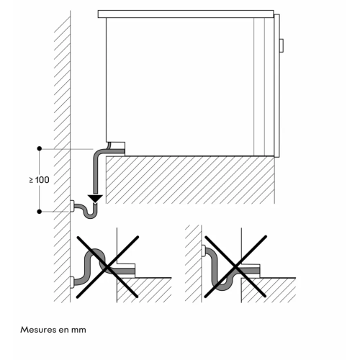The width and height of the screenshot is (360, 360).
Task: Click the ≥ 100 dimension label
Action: point(39,180)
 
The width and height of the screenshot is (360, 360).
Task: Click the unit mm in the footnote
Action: point(78,330)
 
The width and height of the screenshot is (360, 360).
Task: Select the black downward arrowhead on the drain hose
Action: point(95,199)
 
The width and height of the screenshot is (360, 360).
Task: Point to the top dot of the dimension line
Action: point(40,148)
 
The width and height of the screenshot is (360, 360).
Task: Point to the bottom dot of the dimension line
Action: point(40,212)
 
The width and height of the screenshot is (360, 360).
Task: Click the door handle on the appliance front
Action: point(282,45)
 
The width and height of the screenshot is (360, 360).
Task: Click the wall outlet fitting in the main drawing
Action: point(72,206)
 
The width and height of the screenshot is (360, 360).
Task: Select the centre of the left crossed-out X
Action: point(107,267)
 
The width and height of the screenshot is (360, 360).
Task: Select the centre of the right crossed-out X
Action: point(235,266)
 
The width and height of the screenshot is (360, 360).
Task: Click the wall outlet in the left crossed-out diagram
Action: point(72,282)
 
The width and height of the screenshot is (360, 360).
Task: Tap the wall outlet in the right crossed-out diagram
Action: point(203,251)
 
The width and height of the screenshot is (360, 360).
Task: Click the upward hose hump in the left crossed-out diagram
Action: point(96,251)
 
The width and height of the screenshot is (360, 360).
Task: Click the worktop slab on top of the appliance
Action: point(186,14)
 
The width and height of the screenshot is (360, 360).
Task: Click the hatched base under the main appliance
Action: point(190,180)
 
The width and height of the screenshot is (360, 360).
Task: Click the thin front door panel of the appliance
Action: point(276,86)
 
